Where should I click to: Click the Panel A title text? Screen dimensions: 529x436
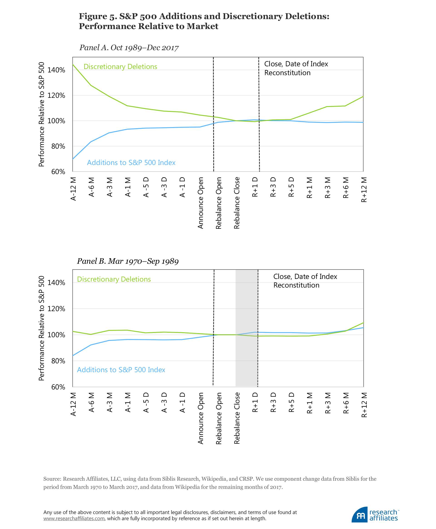click(x=129, y=48)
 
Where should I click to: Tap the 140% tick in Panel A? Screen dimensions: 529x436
click(x=56, y=70)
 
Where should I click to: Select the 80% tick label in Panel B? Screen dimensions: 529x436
click(x=58, y=361)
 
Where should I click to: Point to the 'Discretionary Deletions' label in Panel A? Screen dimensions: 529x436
click(x=120, y=66)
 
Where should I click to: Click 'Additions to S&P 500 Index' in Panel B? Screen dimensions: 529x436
click(x=121, y=370)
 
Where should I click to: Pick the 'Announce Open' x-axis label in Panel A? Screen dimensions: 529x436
click(x=201, y=203)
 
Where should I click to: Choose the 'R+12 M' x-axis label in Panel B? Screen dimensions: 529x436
click(x=364, y=405)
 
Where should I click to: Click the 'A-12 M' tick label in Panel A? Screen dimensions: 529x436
click(x=73, y=189)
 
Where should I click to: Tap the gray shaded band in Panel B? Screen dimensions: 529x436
click(x=246, y=326)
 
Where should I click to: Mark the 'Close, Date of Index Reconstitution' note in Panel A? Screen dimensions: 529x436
click(x=296, y=68)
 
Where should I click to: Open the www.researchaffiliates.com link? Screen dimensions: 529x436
click(x=74, y=519)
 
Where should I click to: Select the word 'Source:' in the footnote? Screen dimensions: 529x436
click(x=52, y=479)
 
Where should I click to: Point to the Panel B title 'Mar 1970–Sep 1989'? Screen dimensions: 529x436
click(x=143, y=261)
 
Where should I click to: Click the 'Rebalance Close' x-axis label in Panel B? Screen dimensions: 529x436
click(x=237, y=418)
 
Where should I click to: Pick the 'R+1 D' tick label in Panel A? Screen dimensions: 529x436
click(x=255, y=187)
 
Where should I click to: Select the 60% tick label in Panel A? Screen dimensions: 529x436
click(x=58, y=172)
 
